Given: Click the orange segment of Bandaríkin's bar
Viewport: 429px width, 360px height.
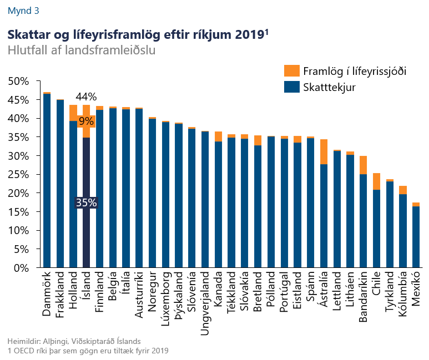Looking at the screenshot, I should pyautogui.click(x=363, y=165).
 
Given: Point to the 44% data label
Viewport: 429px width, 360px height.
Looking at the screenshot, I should pyautogui.click(x=86, y=97).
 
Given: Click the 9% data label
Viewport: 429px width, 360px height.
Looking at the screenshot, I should pyautogui.click(x=86, y=121).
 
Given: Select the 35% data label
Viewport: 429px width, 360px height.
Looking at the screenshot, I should pyautogui.click(x=86, y=203).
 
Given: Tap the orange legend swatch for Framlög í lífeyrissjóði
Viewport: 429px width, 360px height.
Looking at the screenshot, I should pyautogui.click(x=291, y=71).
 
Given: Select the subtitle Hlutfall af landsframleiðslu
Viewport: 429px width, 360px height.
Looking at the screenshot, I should pyautogui.click(x=81, y=50).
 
